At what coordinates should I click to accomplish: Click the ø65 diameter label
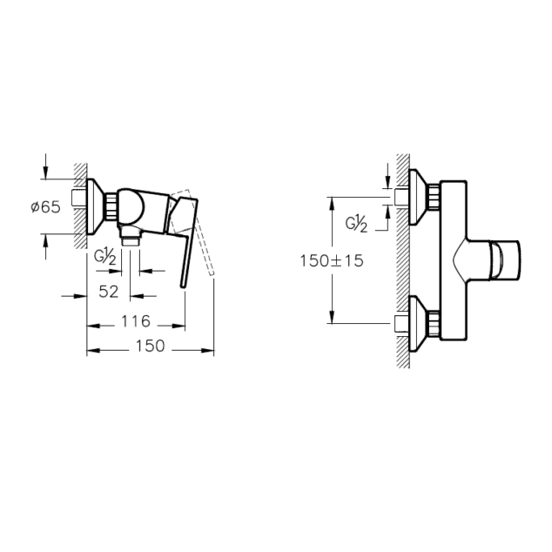coord(44,207)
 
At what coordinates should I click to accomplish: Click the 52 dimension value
coord(108,292)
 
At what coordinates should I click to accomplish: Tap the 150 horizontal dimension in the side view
coord(150,347)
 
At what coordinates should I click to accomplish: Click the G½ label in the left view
coord(106,258)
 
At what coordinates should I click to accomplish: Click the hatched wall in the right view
coord(403,261)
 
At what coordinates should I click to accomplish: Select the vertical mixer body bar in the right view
coord(454,261)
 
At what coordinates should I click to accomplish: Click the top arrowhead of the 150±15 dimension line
coord(331,201)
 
